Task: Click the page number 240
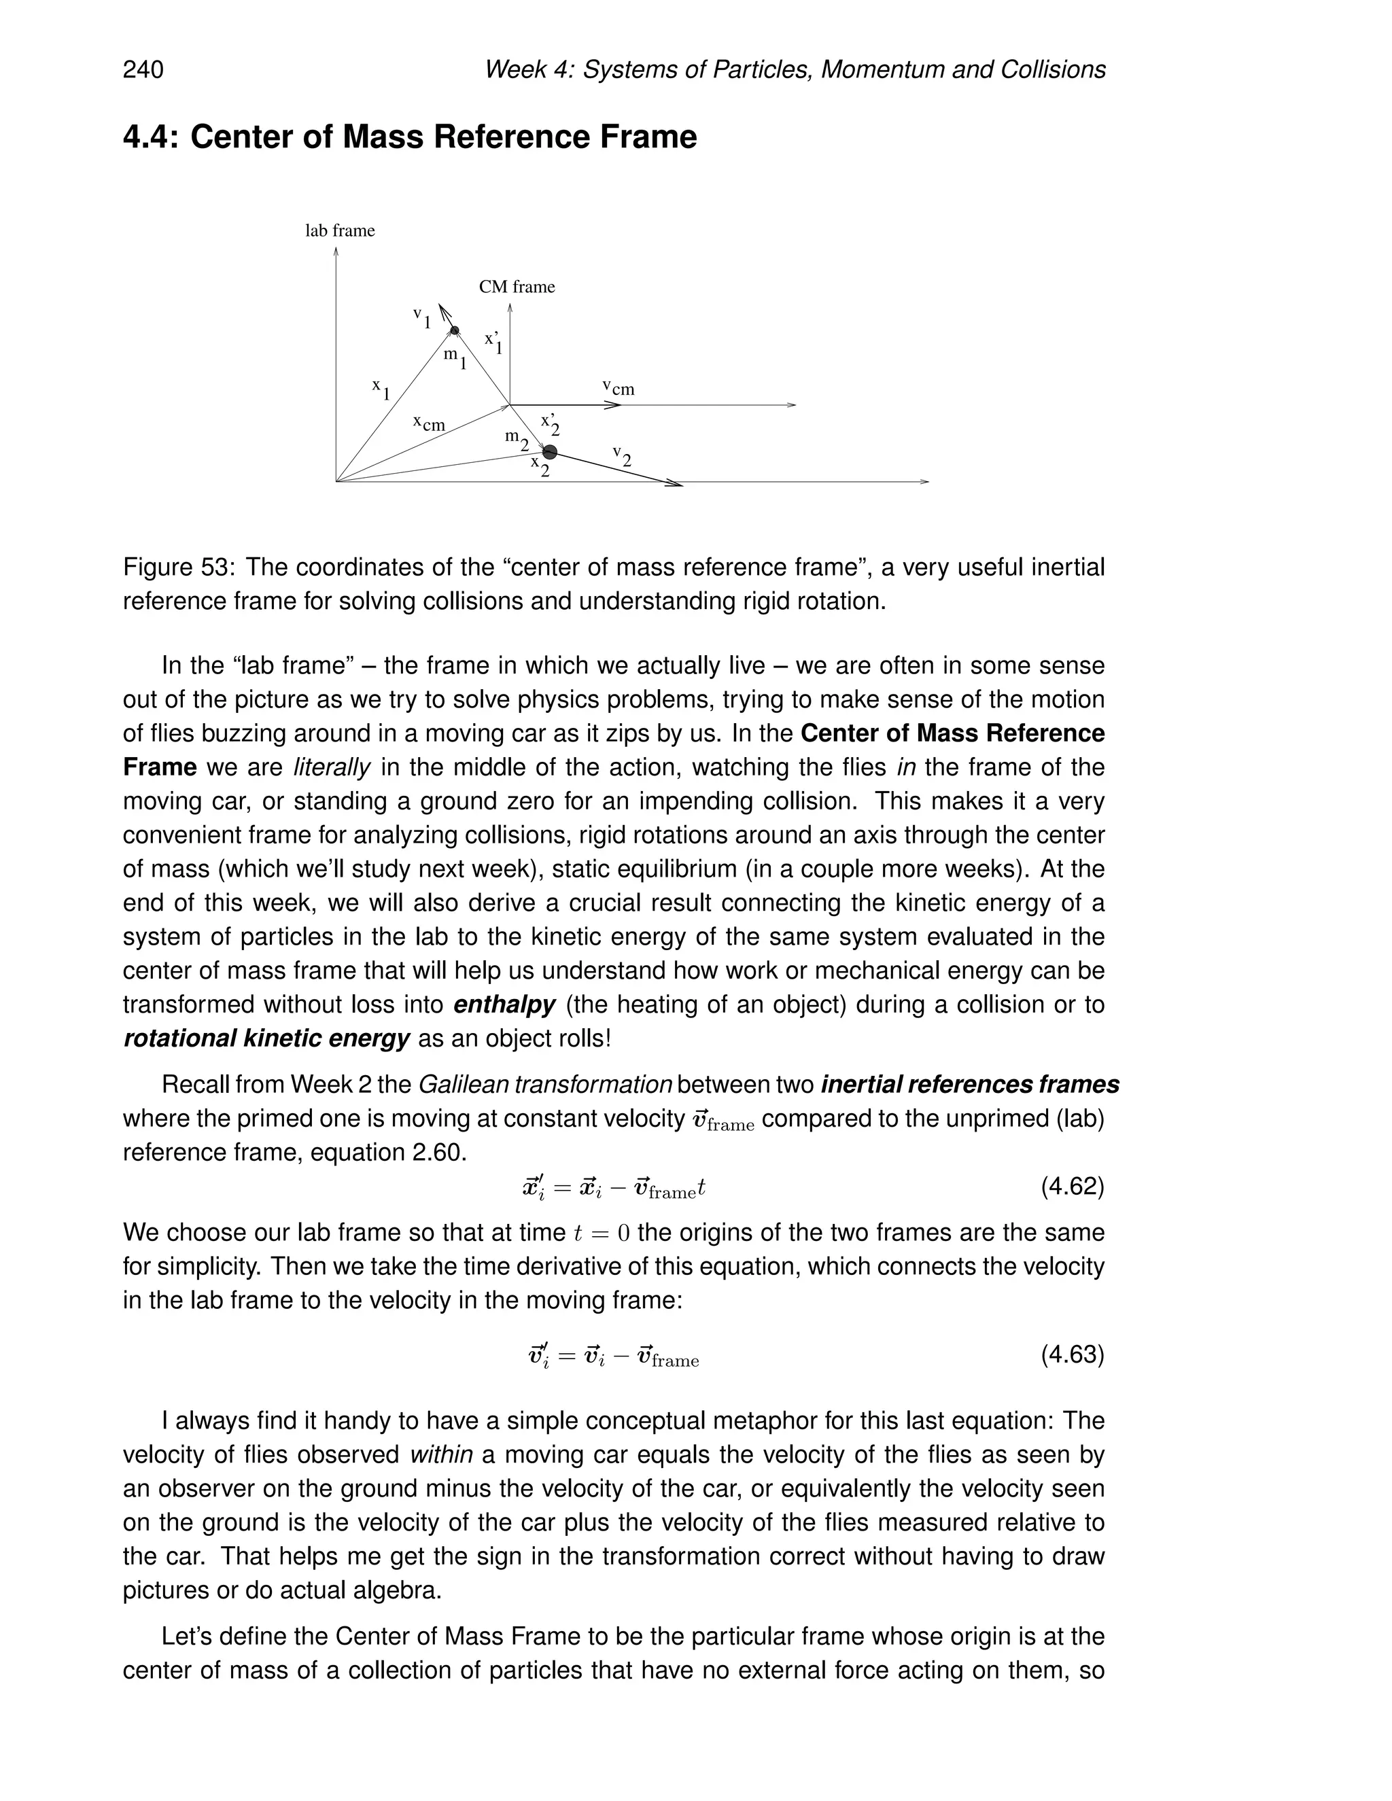tap(143, 69)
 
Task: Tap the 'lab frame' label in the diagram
tap(340, 231)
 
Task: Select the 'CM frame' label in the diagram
tap(517, 287)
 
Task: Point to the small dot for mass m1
tap(455, 331)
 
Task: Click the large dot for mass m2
tap(550, 452)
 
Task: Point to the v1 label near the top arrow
tap(422, 317)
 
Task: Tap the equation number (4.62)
tap(1072, 1187)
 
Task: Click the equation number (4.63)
tap(1072, 1354)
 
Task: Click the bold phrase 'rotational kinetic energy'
tap(266, 1038)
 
